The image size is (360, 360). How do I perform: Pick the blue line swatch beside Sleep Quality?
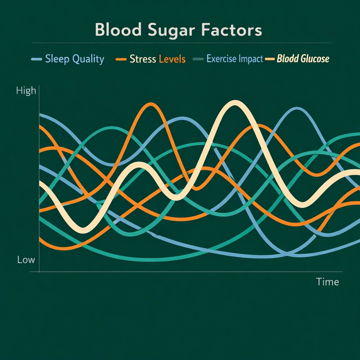37,59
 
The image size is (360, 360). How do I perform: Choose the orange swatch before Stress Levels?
121,59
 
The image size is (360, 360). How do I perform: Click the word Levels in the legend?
172,59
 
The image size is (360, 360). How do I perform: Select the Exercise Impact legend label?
234,59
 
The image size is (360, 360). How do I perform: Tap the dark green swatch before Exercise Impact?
198,59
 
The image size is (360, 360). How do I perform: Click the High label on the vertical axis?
26,91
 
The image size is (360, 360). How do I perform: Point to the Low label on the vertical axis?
26,260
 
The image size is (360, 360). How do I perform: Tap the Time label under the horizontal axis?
327,282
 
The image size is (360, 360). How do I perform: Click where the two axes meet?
39,271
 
